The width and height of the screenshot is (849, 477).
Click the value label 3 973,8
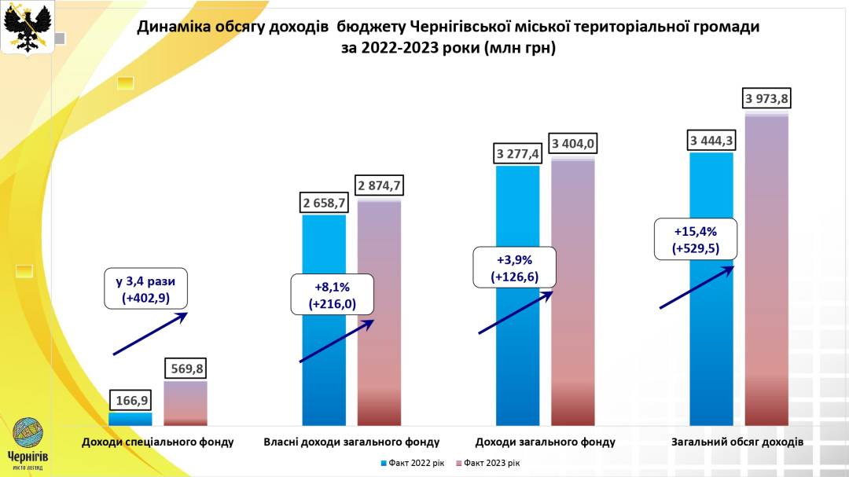(x=767, y=98)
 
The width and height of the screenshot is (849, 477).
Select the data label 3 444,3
(x=711, y=141)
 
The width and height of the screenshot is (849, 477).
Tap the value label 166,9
(x=130, y=401)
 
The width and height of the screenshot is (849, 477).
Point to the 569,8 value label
(x=186, y=369)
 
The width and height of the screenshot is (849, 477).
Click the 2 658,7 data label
(x=323, y=203)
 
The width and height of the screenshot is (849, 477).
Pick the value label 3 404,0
(x=572, y=144)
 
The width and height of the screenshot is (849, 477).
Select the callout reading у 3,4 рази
(x=146, y=289)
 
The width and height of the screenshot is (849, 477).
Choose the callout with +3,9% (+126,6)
(x=514, y=267)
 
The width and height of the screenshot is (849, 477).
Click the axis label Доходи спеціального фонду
(x=158, y=442)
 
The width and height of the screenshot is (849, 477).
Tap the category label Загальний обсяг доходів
(x=737, y=442)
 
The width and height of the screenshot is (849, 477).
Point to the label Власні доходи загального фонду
(x=351, y=442)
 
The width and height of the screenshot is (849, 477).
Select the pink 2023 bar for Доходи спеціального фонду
(x=186, y=405)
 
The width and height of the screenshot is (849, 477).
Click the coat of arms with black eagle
(x=28, y=27)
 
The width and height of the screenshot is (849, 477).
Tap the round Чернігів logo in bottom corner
(x=28, y=435)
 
